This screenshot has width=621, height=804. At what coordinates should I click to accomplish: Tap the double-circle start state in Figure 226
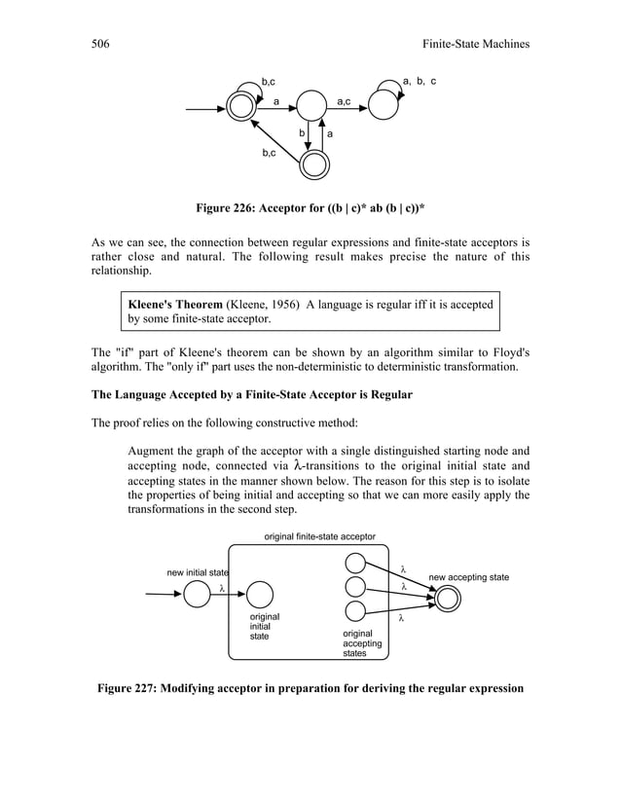tap(240, 107)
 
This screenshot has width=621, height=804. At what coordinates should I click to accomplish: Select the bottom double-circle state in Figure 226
tap(312, 164)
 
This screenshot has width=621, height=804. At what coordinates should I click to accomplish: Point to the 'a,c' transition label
tap(345, 101)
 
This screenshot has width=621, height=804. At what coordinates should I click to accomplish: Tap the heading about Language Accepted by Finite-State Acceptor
tap(252, 395)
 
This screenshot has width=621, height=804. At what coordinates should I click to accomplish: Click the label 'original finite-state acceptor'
tap(319, 535)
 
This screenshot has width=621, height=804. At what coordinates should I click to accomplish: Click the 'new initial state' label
tap(198, 571)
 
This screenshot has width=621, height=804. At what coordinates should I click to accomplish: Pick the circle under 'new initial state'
tap(198, 593)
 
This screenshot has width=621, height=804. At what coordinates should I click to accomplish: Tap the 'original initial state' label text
tap(265, 627)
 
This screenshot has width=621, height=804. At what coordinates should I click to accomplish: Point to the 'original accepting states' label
tap(361, 644)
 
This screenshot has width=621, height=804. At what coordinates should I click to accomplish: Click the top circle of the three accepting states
tap(355, 565)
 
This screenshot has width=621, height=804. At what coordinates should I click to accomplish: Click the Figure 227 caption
tap(310, 689)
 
